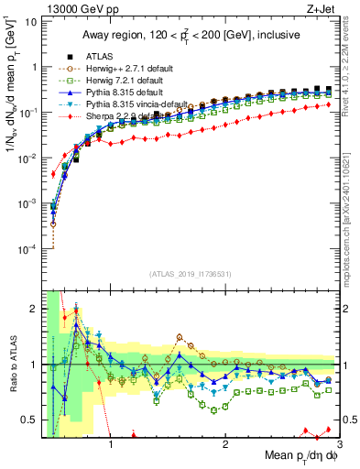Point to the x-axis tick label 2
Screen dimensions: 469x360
pyautogui.click(x=225, y=446)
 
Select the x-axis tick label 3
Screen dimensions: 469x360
pyautogui.click(x=340, y=446)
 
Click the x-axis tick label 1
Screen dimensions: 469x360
pyautogui.click(x=111, y=446)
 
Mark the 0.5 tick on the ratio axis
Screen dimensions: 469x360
pyautogui.click(x=29, y=420)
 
